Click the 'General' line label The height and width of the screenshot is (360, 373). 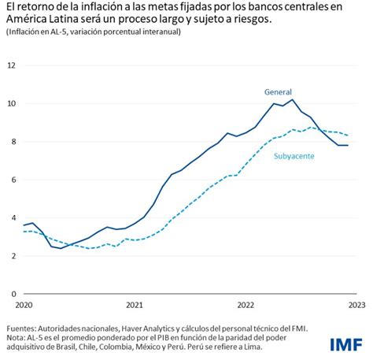coord(279,91)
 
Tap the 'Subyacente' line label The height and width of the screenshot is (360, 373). coord(296,157)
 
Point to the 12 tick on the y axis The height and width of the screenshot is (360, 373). coord(12,65)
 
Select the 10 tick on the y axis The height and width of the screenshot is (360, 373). coord(12,103)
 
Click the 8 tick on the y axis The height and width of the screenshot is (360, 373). coord(12,142)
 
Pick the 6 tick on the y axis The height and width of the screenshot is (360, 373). coord(12,180)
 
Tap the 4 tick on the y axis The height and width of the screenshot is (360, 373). coord(12,217)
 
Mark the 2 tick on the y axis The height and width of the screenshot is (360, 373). coord(12,256)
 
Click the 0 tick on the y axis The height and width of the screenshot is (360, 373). coord(12,294)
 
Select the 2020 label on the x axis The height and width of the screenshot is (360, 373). coord(24,305)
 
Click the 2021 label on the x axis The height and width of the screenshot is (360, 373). coord(135,305)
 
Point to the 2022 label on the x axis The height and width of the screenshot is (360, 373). coord(246,305)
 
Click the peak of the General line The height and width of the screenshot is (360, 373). coord(293,99)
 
